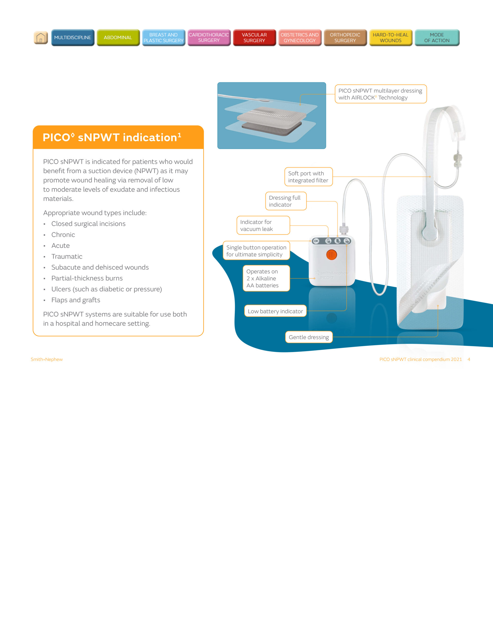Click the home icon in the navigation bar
click(41, 38)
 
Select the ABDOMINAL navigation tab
click(118, 38)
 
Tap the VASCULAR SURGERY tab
click(254, 38)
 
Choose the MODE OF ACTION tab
click(437, 38)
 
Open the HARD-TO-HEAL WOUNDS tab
click(390, 38)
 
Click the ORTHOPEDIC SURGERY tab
click(345, 38)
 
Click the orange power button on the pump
click(331, 255)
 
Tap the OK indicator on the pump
click(316, 241)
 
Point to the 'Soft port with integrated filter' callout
click(308, 177)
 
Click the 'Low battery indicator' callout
click(275, 311)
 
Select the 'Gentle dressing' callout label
click(308, 337)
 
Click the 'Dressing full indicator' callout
click(285, 201)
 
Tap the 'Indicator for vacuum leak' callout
click(263, 225)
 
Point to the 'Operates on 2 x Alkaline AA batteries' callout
click(266, 278)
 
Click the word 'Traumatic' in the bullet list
click(67, 256)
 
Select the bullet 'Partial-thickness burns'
click(87, 278)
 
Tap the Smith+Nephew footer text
click(47, 359)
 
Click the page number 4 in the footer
click(469, 359)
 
